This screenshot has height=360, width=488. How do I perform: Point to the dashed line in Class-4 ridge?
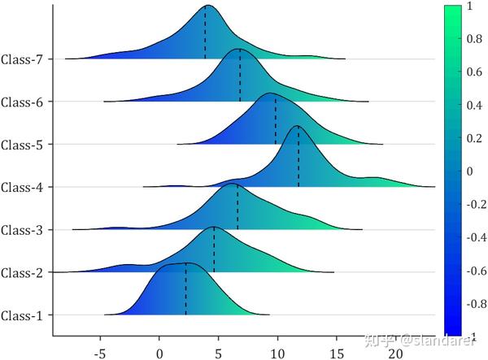298,158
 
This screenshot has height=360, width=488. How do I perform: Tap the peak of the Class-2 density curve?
214,227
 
